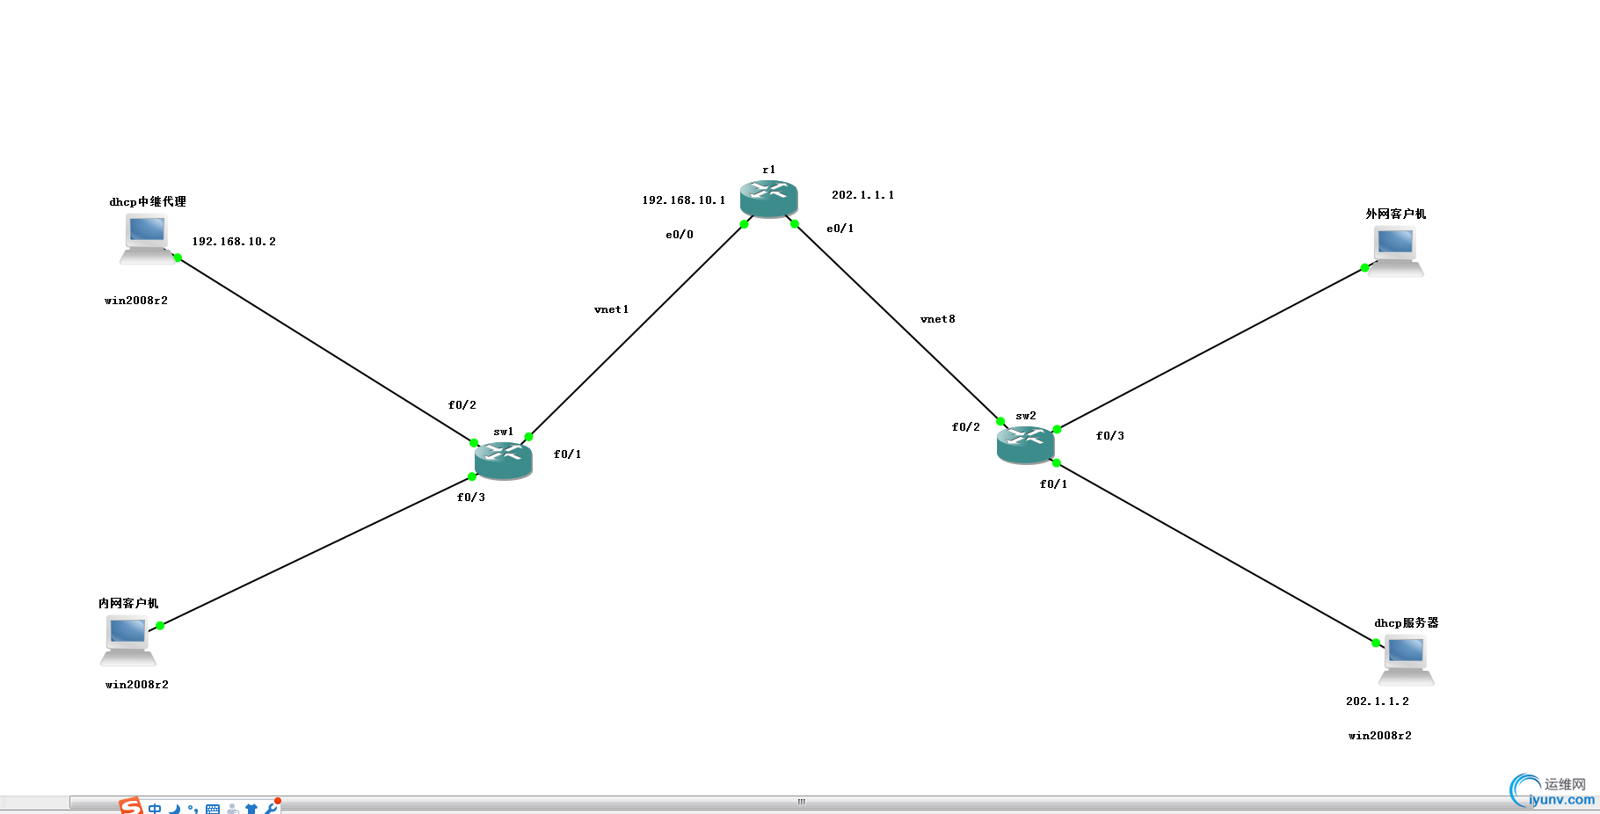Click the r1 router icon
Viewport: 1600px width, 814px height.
tap(768, 199)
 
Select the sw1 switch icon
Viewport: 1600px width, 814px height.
tap(503, 460)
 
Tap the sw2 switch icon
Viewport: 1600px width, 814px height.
tap(1025, 445)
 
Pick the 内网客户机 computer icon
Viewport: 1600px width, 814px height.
tap(127, 639)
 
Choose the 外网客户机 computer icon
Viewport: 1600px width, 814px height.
tap(1395, 251)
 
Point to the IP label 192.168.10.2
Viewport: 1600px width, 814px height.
tap(234, 242)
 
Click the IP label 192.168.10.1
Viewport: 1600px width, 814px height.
tap(684, 200)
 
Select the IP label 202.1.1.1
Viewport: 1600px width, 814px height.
tap(863, 195)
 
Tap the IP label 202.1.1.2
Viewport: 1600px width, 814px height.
tap(1378, 701)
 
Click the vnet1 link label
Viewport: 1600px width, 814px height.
tap(611, 309)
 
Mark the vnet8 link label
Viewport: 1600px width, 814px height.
tap(938, 319)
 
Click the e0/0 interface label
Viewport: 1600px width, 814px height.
tap(680, 235)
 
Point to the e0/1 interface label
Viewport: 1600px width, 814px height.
tap(840, 229)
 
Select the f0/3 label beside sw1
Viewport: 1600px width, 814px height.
tap(471, 498)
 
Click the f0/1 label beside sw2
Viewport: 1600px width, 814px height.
tap(1054, 484)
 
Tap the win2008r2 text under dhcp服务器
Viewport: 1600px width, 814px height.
tap(1380, 736)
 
